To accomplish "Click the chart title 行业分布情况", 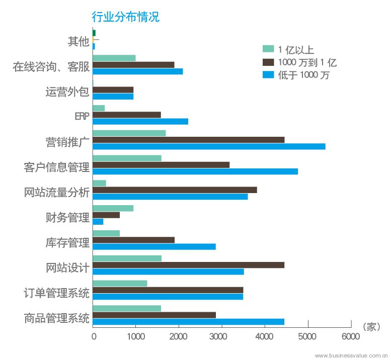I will tap(125, 17).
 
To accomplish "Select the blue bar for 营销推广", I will tap(209, 146).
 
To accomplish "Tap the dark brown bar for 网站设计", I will tap(188, 265).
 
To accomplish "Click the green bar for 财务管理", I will tap(113, 208).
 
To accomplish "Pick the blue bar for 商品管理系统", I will tap(188, 322).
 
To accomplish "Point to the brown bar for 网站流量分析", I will tap(175, 190).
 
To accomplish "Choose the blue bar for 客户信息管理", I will tap(195, 171).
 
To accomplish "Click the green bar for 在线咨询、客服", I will tap(114, 58).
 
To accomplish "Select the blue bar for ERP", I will tap(140, 121).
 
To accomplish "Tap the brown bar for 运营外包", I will tap(113, 89).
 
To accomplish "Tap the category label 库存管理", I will tap(67, 243).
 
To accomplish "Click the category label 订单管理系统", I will tap(56, 293).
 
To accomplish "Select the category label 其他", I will tap(78, 41).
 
